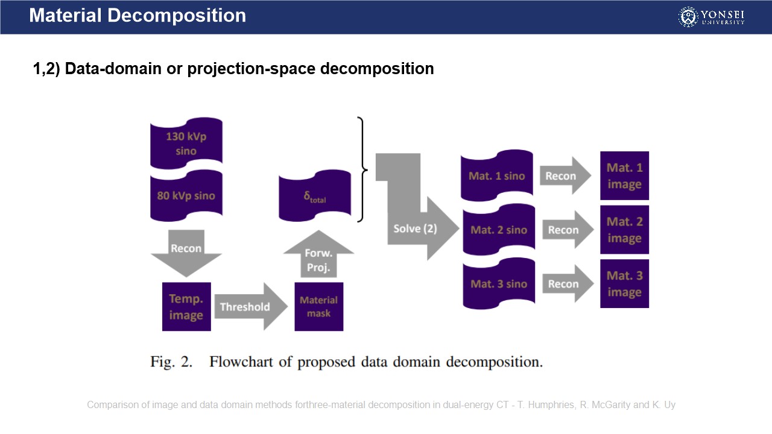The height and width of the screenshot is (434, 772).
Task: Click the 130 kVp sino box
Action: point(186,144)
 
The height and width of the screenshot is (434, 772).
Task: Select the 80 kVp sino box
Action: point(186,196)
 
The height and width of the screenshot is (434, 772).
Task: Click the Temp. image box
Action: point(186,307)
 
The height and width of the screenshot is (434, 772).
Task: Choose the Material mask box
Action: point(318,307)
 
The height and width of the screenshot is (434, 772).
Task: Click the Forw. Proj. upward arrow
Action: point(318,256)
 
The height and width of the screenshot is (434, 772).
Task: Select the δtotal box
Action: point(314,196)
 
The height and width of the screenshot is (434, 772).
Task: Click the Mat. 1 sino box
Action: point(496,176)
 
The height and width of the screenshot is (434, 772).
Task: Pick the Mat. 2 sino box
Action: point(498,230)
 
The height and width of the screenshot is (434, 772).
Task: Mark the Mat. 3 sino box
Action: point(498,284)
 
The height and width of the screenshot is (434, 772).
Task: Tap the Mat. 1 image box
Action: point(624,175)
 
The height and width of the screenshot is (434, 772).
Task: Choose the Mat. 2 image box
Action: point(624,230)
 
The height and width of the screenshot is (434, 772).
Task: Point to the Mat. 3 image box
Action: point(624,283)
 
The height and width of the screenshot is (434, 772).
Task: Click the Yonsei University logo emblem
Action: point(688,17)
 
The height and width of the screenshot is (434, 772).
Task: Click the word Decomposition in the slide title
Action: point(177,15)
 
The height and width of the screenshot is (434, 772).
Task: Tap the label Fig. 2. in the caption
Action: point(171,362)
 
